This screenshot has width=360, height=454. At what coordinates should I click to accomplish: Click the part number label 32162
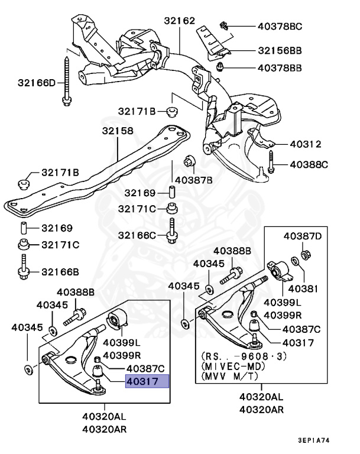[x=179, y=21]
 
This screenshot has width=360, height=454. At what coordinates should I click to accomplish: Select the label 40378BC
[x=280, y=26]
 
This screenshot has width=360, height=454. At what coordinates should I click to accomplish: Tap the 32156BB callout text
[x=280, y=51]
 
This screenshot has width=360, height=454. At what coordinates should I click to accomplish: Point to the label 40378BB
[x=280, y=68]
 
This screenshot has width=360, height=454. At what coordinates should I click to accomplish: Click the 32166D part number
[x=35, y=83]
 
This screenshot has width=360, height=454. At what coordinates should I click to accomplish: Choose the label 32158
[x=117, y=131]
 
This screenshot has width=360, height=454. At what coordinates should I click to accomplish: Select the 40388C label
[x=307, y=164]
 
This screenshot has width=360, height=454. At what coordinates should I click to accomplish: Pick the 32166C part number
[x=137, y=235]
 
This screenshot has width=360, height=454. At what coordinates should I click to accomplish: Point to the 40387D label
[x=303, y=236]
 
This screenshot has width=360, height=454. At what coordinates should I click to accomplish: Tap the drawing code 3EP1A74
[x=322, y=440]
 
